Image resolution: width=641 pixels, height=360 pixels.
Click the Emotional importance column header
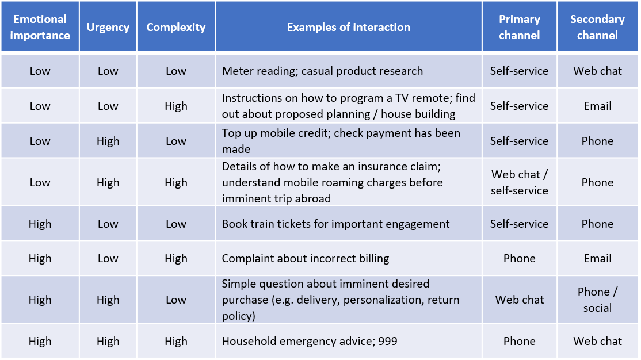click(40, 27)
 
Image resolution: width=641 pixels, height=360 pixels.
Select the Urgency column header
click(108, 27)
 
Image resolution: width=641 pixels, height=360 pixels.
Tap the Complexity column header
click(175, 27)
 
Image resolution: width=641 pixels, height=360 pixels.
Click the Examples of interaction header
click(348, 27)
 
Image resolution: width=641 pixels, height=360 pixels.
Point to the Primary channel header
click(519, 27)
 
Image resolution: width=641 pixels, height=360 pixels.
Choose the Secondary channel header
click(597, 27)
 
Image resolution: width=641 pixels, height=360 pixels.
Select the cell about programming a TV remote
click(348, 106)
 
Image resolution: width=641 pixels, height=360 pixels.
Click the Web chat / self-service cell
click(519, 182)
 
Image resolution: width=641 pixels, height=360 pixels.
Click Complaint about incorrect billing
click(306, 258)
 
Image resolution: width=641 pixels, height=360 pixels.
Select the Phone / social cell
click(597, 300)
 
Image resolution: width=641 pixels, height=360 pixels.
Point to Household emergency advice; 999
click(310, 341)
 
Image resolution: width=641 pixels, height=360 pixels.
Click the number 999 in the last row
click(388, 341)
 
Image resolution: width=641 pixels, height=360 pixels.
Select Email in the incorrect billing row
click(597, 258)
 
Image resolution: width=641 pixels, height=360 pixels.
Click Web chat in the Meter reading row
click(597, 71)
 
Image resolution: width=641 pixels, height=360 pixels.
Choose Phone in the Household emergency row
click(519, 341)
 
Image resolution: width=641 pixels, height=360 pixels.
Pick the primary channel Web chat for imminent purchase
click(519, 300)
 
